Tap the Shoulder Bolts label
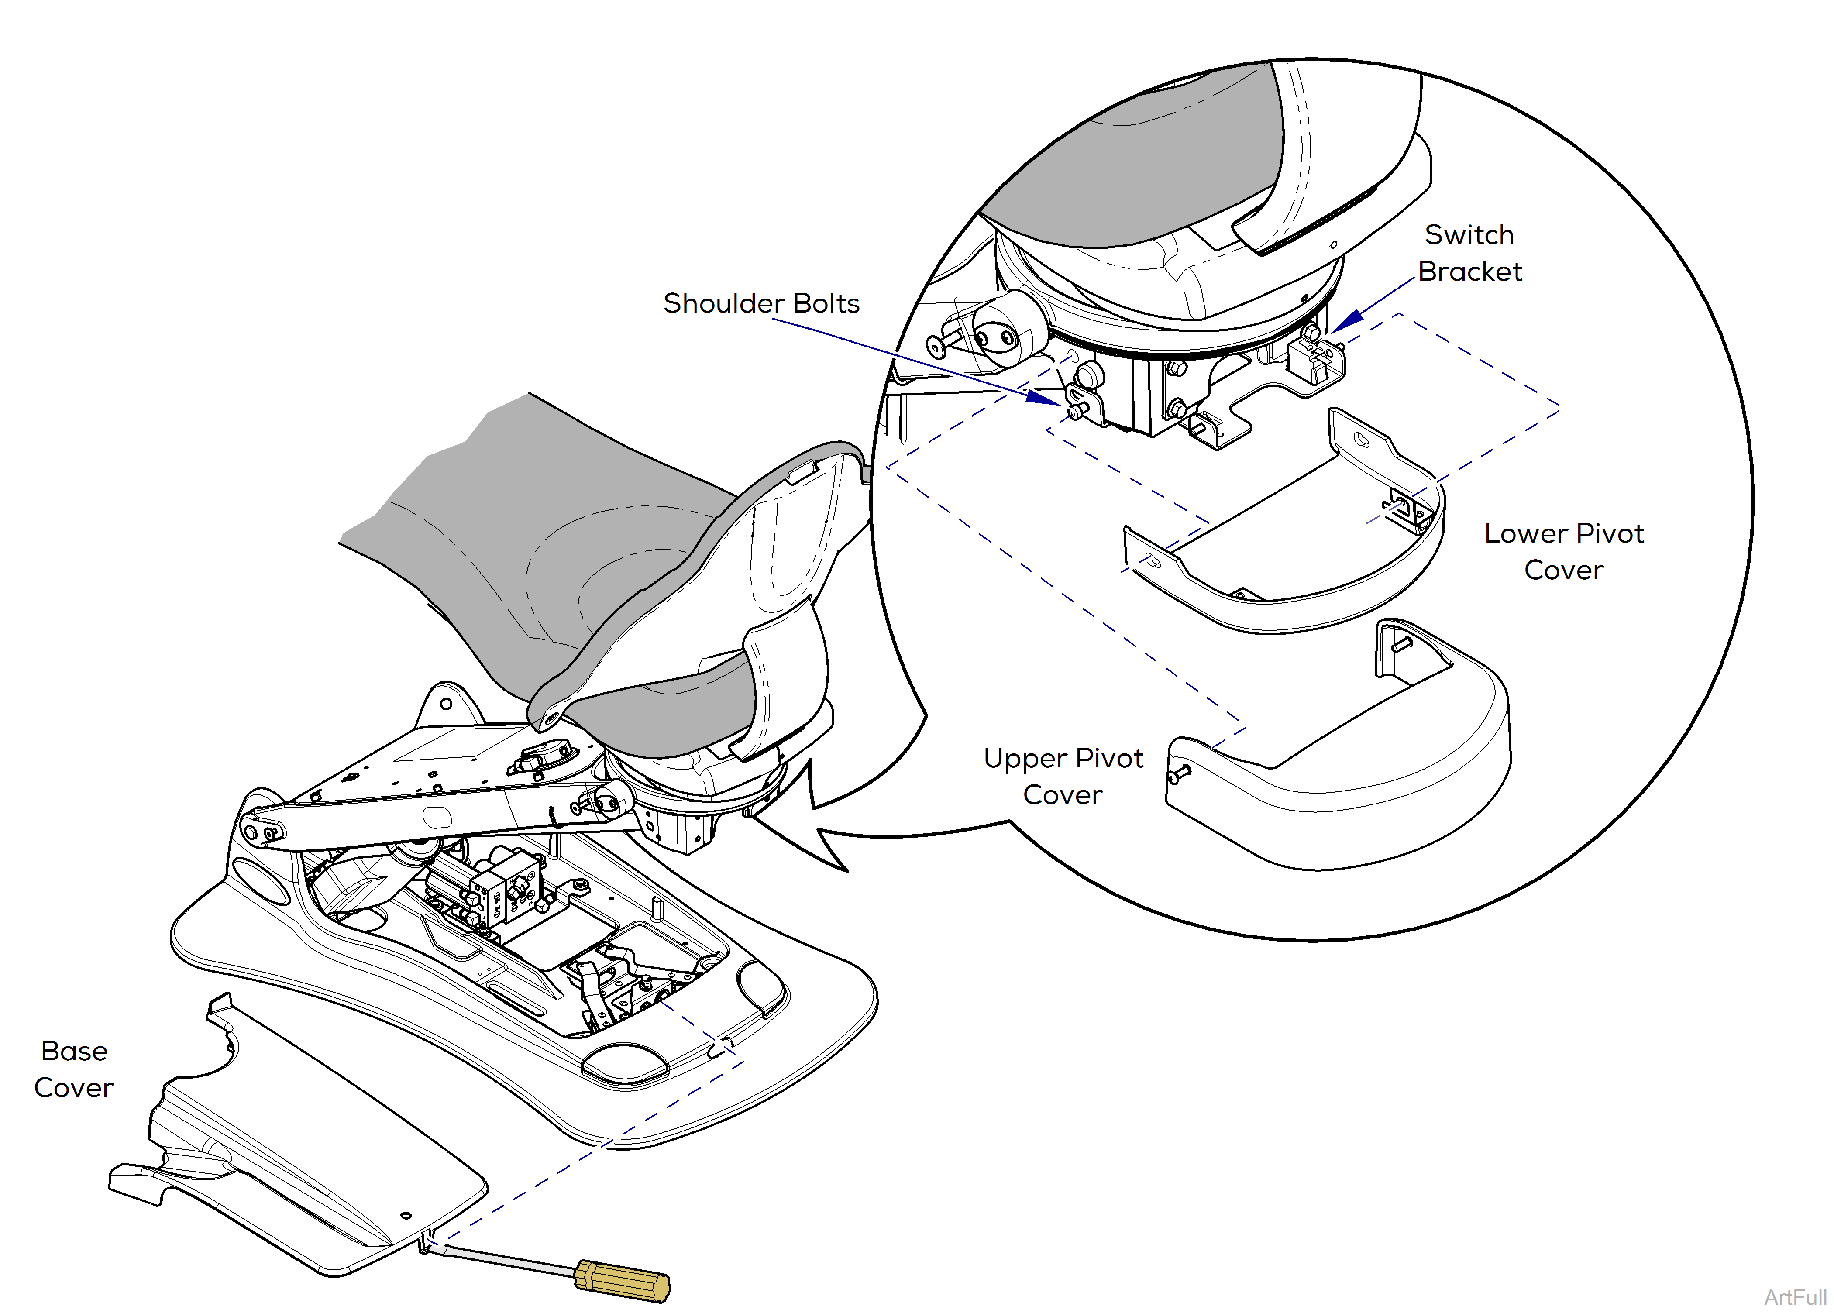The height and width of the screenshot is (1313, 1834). point(761,303)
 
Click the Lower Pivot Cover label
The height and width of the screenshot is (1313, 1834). point(1563,551)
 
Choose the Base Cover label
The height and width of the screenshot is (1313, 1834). point(74,1069)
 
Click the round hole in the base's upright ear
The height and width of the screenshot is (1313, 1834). point(446,703)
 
